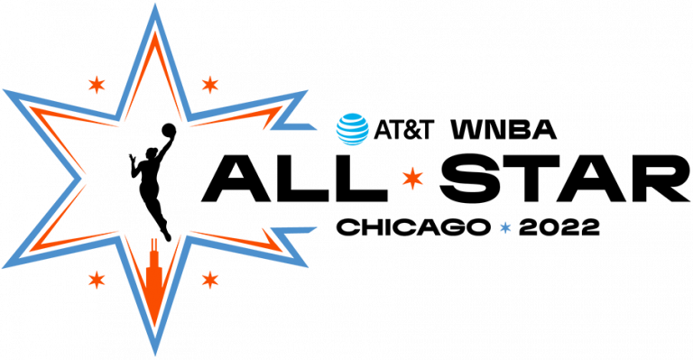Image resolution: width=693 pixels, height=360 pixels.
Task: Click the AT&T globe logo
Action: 353,129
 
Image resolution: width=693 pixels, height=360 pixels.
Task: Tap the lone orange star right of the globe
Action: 412,178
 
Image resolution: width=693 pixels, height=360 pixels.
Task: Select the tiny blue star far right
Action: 505,227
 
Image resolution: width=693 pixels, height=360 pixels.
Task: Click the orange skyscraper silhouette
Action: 154,280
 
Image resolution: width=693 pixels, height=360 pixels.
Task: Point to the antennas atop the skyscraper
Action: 154,243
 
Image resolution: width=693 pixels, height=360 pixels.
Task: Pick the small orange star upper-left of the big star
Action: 97,85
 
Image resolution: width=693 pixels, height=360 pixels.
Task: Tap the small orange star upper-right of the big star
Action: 210,85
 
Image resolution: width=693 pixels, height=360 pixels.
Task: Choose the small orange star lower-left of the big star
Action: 97,280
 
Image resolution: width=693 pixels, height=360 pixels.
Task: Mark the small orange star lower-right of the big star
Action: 210,280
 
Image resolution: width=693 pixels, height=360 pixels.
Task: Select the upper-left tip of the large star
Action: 4,90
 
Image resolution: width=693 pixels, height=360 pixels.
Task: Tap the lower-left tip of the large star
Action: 4,267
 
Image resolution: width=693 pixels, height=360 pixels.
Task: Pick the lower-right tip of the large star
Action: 307,266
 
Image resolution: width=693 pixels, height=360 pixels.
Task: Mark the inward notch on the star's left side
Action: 79,179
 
